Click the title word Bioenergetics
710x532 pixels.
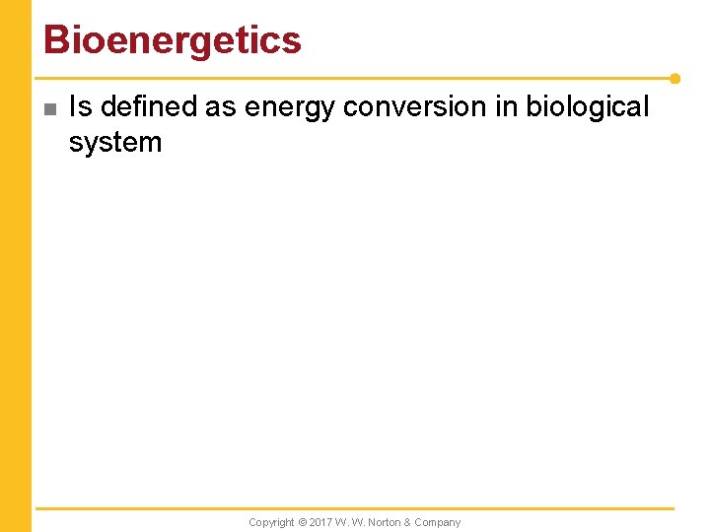click(172, 40)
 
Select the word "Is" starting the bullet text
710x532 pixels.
click(80, 106)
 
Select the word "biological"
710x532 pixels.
click(589, 106)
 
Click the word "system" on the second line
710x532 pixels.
click(114, 142)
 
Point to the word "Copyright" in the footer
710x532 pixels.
click(271, 522)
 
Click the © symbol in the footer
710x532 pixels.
click(303, 522)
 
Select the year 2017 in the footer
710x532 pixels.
click(320, 522)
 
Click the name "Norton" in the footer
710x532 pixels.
click(387, 522)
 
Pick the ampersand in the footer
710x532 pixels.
click(409, 522)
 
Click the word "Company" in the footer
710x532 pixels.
click(438, 522)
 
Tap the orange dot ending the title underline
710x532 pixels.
click(674, 78)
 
